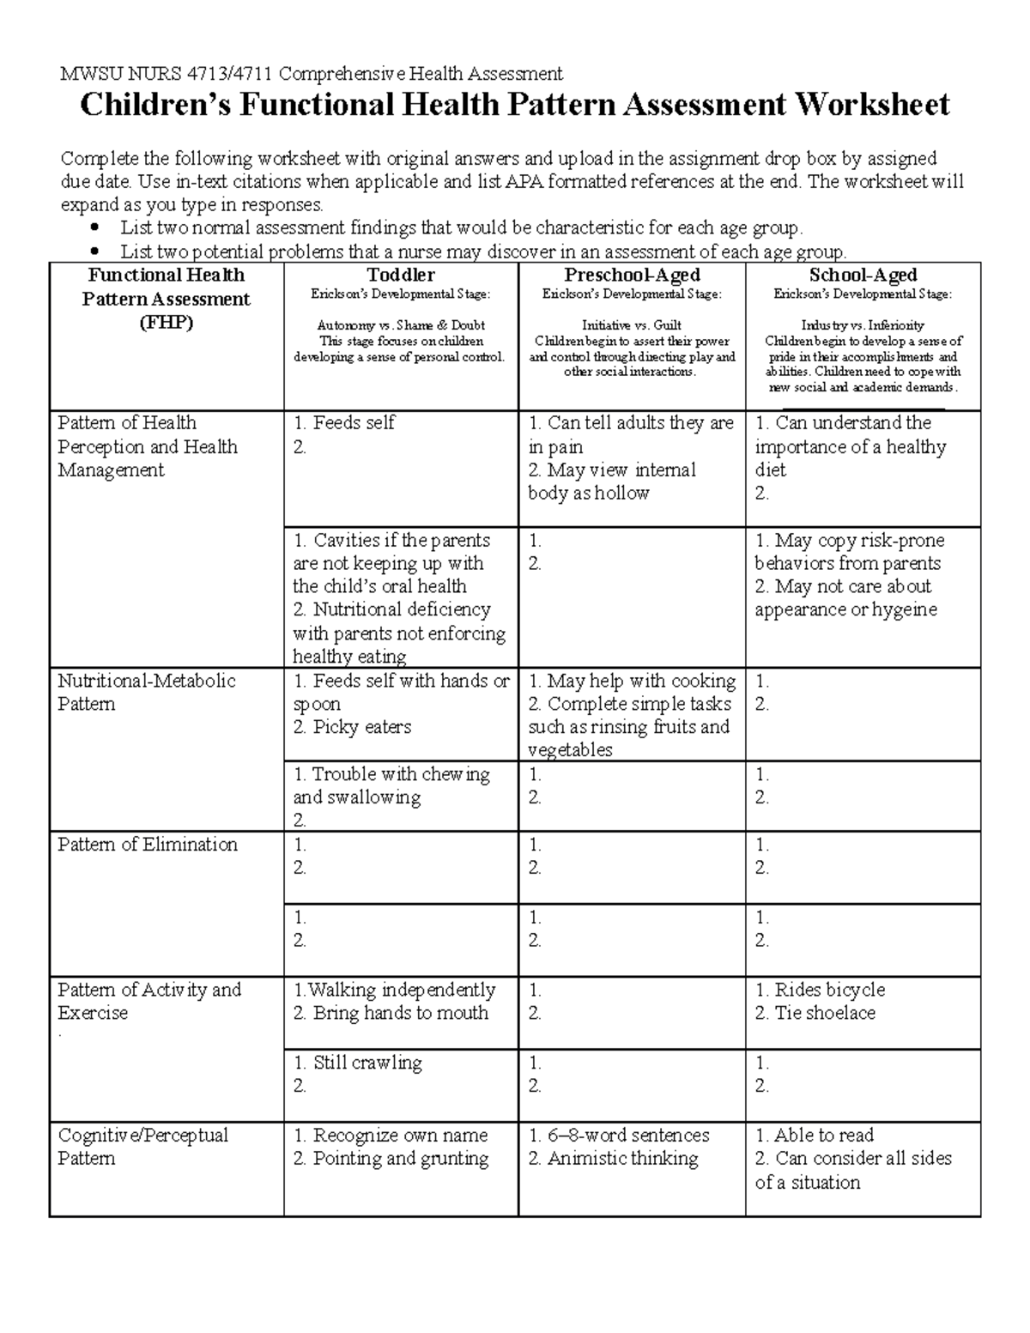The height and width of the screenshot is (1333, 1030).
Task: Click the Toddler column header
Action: click(x=401, y=276)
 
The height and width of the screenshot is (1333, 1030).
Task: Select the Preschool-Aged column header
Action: click(x=632, y=276)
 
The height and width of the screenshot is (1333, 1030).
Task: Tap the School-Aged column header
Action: click(x=863, y=276)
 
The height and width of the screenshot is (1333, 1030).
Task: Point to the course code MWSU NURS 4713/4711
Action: click(x=167, y=73)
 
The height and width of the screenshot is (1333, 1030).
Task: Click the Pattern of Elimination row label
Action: click(x=148, y=845)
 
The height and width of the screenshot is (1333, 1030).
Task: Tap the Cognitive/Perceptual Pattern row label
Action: click(x=142, y=1147)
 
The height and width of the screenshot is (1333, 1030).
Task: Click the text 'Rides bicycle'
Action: click(x=829, y=990)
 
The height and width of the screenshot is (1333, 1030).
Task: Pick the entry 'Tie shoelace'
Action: click(x=825, y=1013)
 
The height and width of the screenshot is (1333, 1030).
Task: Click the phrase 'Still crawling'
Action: click(x=367, y=1063)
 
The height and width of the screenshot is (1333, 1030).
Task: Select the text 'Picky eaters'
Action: click(x=362, y=727)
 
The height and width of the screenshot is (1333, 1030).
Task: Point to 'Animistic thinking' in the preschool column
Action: click(x=622, y=1159)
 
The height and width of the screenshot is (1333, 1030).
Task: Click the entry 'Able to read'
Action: click(x=823, y=1136)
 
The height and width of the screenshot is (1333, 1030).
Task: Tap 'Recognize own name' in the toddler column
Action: click(x=400, y=1136)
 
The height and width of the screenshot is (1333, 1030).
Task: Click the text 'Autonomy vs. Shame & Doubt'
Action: click(x=401, y=325)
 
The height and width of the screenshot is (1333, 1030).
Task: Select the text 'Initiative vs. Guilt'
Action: click(x=632, y=325)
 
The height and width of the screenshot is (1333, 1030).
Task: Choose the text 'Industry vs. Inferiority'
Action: click(x=863, y=325)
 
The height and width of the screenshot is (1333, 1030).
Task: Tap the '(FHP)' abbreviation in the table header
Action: click(x=166, y=323)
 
